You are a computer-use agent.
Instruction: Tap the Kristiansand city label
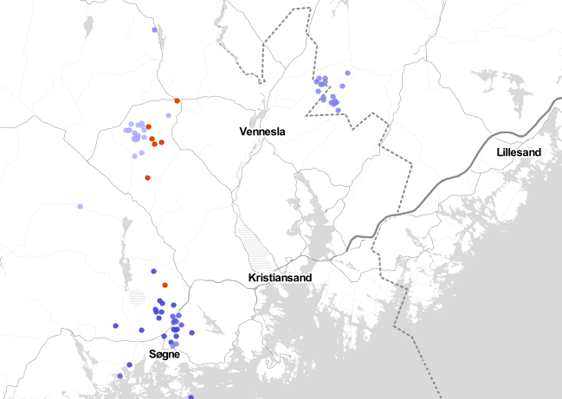coord(280,278)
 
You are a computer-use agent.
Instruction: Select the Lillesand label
coord(519,152)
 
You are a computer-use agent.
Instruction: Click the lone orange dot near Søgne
coord(165,285)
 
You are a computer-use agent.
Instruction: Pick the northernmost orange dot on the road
coord(177,100)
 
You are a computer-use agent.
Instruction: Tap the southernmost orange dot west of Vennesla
coord(148,177)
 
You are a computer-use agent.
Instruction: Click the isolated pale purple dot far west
coord(80,206)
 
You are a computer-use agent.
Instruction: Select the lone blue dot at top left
coord(155,30)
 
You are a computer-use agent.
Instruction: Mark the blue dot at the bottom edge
coord(191,397)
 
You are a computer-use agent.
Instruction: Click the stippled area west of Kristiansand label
coord(257,251)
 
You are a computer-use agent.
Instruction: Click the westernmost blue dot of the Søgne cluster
coord(116,325)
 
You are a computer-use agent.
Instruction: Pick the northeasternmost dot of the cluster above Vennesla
coord(347,74)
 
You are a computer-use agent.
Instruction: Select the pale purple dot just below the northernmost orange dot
coord(168,115)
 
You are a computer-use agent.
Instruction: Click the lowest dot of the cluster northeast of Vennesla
coord(338,111)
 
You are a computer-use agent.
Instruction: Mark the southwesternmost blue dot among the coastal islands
coord(120,376)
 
